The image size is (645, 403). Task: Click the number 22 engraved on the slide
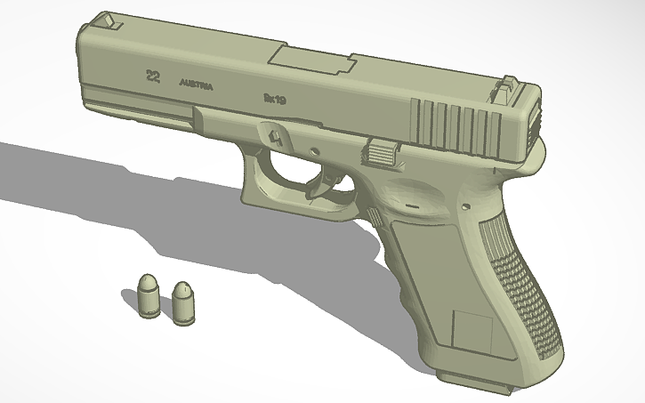153,77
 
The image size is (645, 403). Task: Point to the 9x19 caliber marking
272,100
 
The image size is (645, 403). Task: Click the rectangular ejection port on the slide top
311,60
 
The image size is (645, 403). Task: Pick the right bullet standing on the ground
184,301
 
